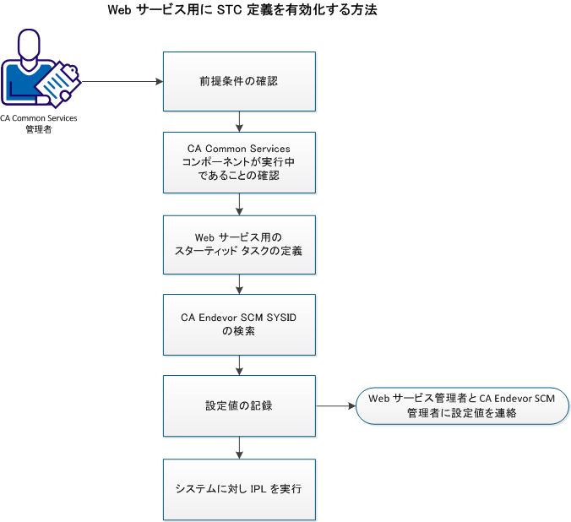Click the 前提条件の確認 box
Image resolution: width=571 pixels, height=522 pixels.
pyautogui.click(x=239, y=82)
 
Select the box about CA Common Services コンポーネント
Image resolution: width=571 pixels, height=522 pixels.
pyautogui.click(x=239, y=163)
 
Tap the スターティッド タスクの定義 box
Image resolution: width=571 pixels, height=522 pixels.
pyautogui.click(x=239, y=245)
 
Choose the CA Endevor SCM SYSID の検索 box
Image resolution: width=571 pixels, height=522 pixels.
pyautogui.click(x=239, y=325)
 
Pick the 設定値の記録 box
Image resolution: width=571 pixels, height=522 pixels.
pyautogui.click(x=239, y=406)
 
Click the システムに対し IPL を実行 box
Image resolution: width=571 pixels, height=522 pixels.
pyautogui.click(x=239, y=488)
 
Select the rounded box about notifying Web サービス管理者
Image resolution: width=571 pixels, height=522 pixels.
pyautogui.click(x=461, y=406)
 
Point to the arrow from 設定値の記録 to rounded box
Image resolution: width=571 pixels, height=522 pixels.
pyautogui.click(x=335, y=406)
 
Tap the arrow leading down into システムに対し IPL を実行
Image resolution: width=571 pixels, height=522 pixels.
pyautogui.click(x=240, y=448)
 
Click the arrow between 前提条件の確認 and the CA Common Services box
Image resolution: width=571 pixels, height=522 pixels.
pyautogui.click(x=240, y=122)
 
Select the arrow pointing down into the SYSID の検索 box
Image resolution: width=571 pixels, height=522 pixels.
pyautogui.click(x=240, y=285)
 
